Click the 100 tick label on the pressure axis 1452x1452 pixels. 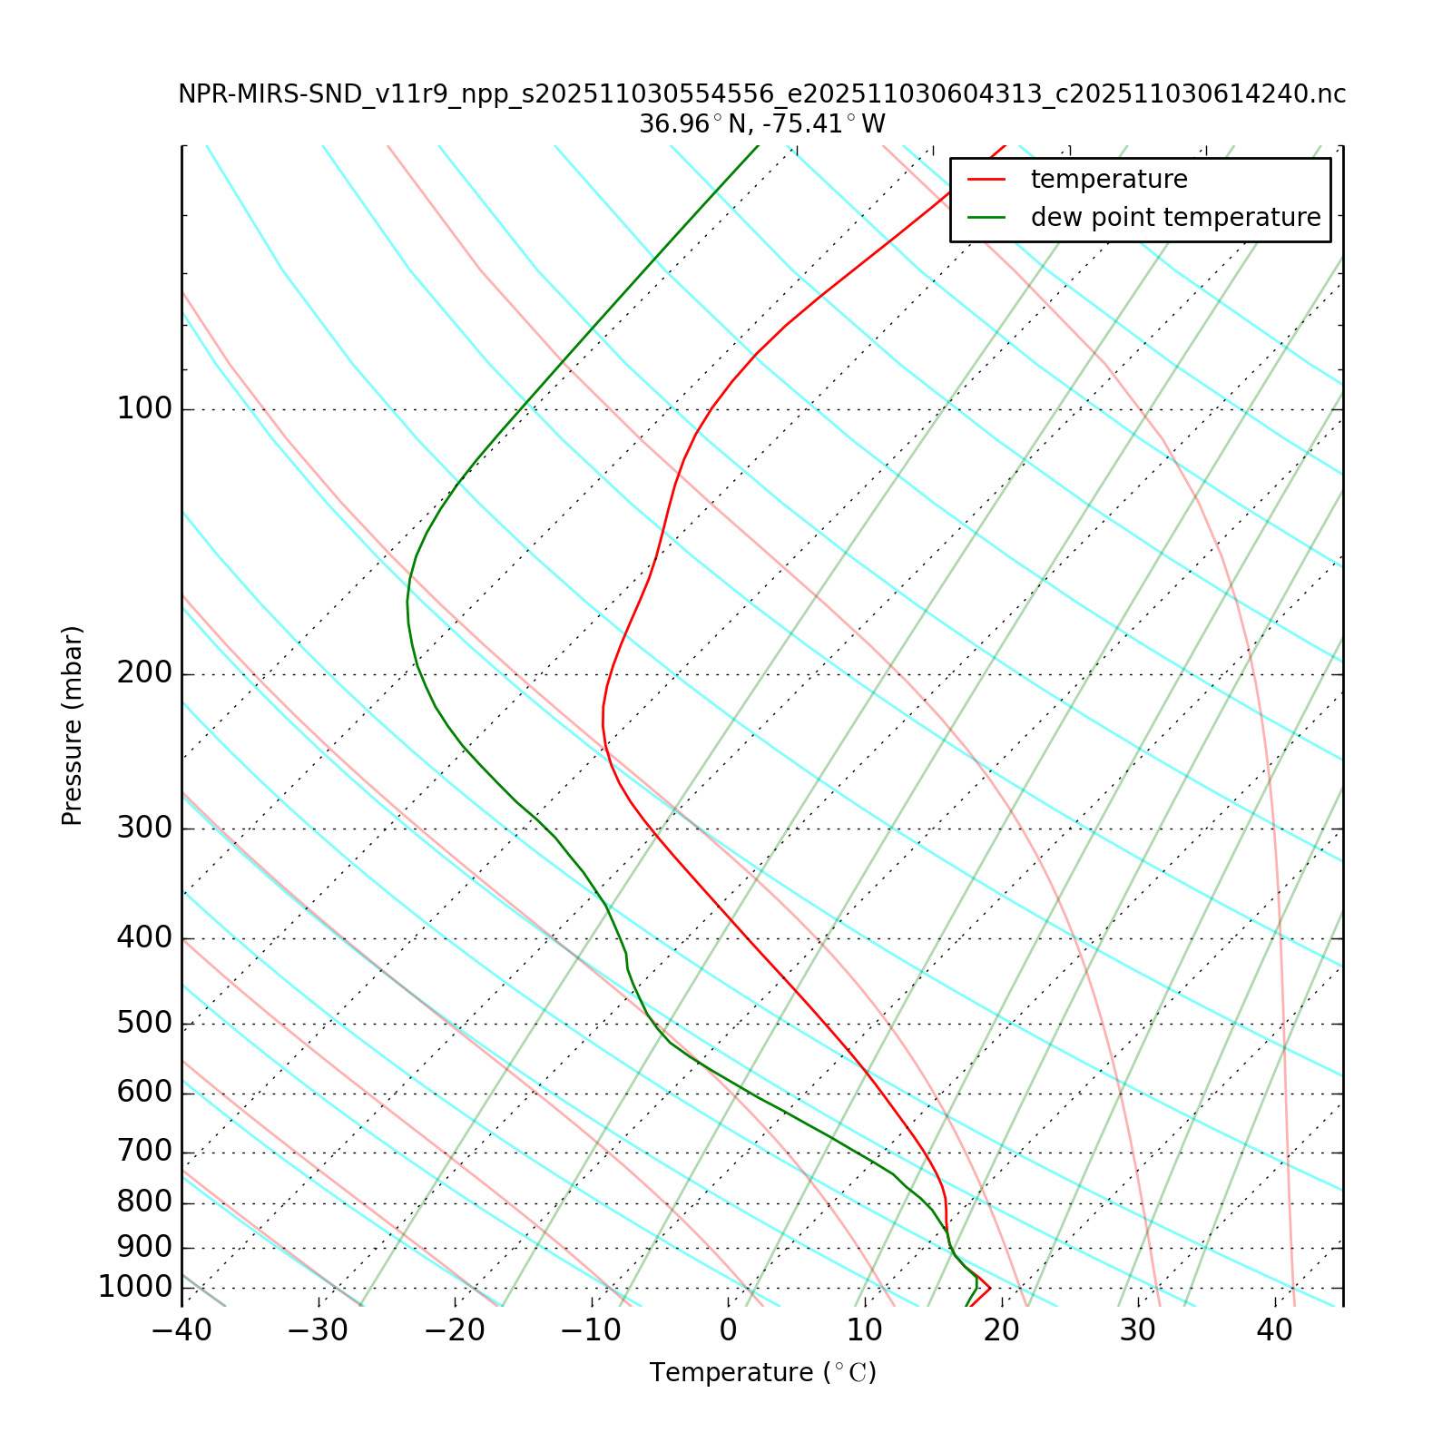click(x=144, y=409)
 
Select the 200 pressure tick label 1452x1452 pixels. click(x=144, y=674)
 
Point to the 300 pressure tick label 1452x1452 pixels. click(x=144, y=829)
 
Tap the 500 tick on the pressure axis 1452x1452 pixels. click(x=144, y=1024)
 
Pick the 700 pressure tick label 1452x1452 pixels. click(x=144, y=1153)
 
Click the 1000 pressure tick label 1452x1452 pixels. click(x=135, y=1288)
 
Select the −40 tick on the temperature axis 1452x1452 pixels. click(x=181, y=1331)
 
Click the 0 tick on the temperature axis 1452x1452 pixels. click(x=728, y=1331)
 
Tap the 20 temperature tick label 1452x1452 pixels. click(x=1001, y=1331)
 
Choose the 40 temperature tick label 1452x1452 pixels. click(x=1274, y=1331)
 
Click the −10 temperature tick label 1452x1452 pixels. click(x=592, y=1331)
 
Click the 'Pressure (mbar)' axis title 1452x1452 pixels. click(x=73, y=726)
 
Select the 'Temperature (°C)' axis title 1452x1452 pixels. click(x=762, y=1373)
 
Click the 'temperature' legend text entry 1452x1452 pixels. click(x=1109, y=180)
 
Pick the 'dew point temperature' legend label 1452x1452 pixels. click(x=1175, y=218)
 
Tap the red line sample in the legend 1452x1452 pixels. click(x=986, y=180)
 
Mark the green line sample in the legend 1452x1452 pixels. click(x=986, y=218)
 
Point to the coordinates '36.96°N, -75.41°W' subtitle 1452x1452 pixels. click(x=762, y=124)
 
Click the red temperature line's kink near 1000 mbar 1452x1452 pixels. click(x=989, y=1288)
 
